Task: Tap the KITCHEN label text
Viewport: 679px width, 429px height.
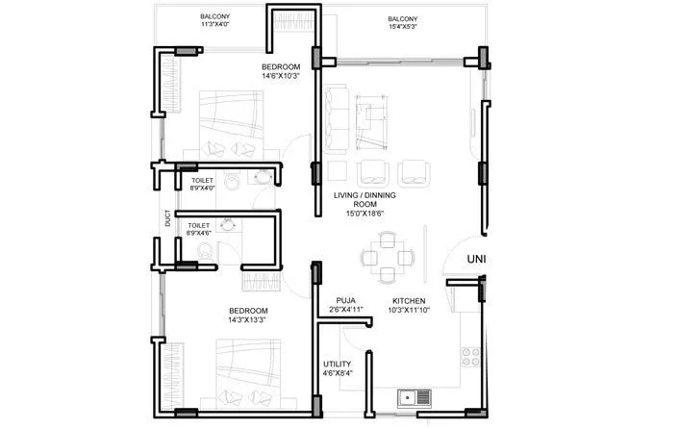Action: coord(410,301)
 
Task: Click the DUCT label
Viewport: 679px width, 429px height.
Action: coord(167,219)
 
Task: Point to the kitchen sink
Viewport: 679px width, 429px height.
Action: coord(413,396)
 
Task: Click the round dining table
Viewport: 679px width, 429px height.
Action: coord(387,259)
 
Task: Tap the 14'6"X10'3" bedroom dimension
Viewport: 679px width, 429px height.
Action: coord(281,76)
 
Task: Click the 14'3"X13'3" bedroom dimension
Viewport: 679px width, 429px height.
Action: coord(248,319)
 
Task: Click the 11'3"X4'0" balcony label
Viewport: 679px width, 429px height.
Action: coord(214,25)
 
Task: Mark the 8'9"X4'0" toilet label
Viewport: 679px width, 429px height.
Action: coord(202,189)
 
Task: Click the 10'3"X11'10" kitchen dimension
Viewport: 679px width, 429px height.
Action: coord(410,311)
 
